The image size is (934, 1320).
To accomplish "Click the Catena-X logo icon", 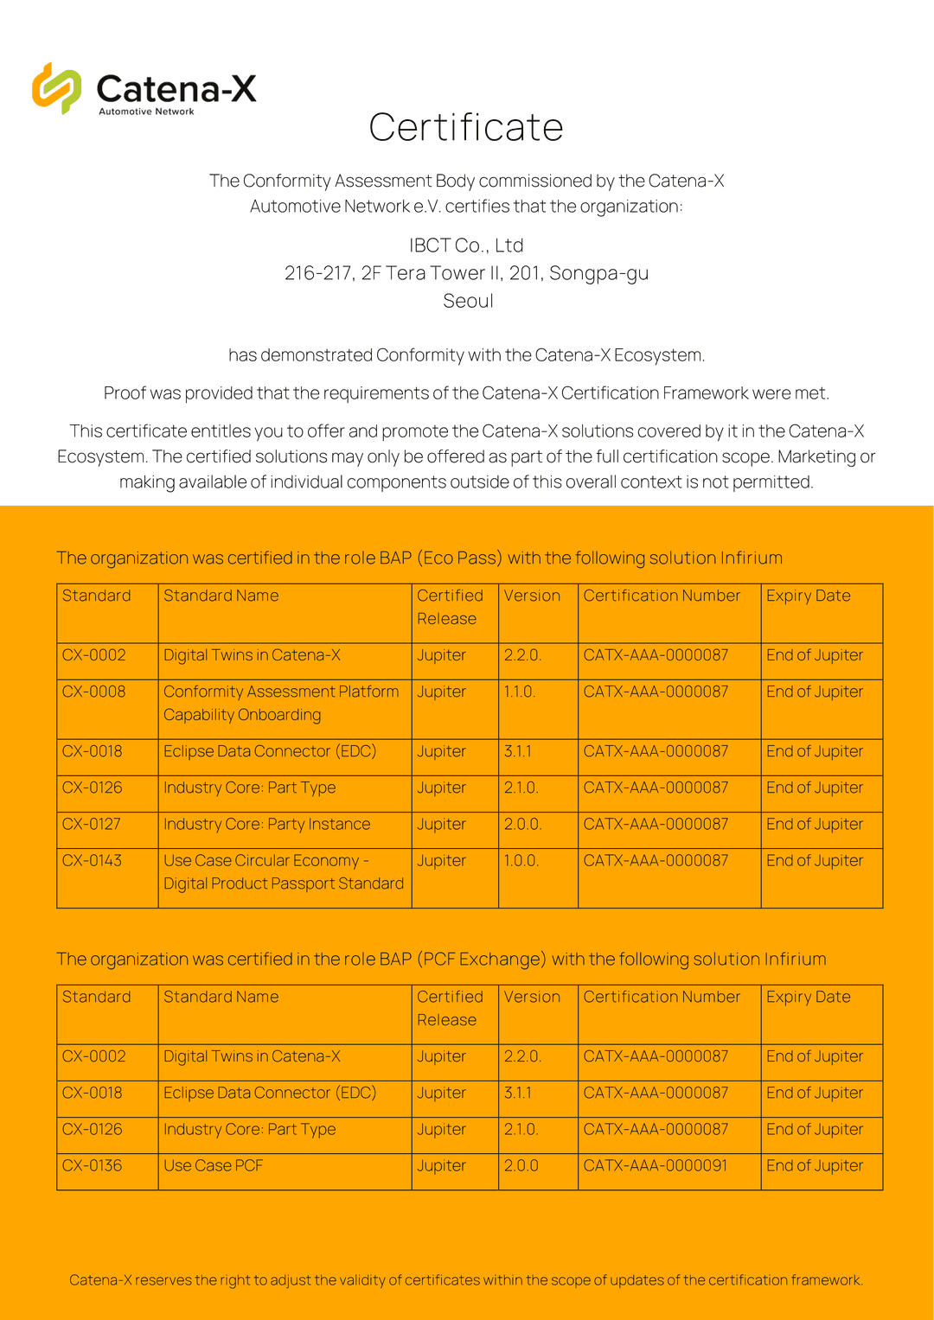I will pyautogui.click(x=56, y=88).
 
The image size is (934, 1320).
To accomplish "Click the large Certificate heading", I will pyautogui.click(x=466, y=128).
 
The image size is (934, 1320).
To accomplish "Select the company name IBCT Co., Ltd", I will pyautogui.click(x=466, y=246).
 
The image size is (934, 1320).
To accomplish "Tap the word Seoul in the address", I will pyautogui.click(x=468, y=301).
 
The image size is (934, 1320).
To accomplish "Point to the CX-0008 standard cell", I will pyautogui.click(x=94, y=692).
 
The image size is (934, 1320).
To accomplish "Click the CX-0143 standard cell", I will pyautogui.click(x=93, y=861).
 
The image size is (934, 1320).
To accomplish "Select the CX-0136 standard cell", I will pyautogui.click(x=93, y=1165).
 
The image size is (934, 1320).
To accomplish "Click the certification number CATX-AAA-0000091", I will pyautogui.click(x=656, y=1165).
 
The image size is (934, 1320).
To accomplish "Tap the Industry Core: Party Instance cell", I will pyautogui.click(x=267, y=825).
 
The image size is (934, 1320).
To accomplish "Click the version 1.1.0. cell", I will pyautogui.click(x=520, y=692).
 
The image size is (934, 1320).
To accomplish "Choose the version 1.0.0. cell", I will pyautogui.click(x=521, y=861).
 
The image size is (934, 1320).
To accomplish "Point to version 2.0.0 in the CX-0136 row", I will pyautogui.click(x=521, y=1165).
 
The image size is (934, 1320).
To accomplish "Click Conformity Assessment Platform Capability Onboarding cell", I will pyautogui.click(x=281, y=703).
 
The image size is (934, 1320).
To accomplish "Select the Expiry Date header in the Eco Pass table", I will pyautogui.click(x=809, y=596).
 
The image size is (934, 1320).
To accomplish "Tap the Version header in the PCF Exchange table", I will pyautogui.click(x=532, y=997).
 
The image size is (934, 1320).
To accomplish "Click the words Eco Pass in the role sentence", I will pyautogui.click(x=459, y=558).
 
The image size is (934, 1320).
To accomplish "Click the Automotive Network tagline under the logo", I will pyautogui.click(x=146, y=112).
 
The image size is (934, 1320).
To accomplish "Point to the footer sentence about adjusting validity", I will pyautogui.click(x=466, y=1280).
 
